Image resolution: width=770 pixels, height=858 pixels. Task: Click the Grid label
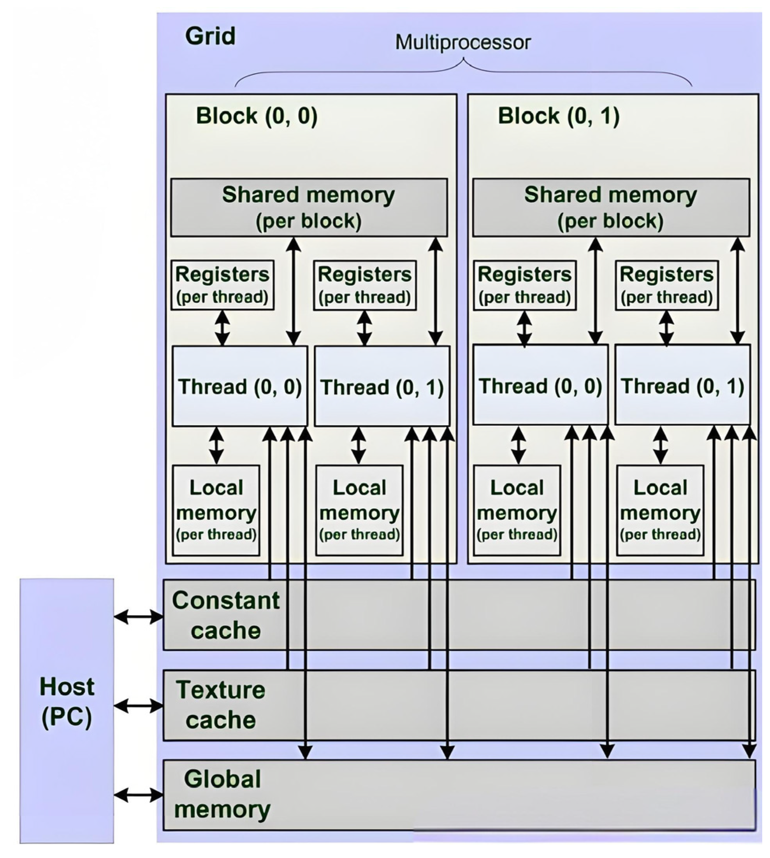(x=210, y=36)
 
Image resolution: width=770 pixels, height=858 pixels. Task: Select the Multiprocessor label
(x=463, y=42)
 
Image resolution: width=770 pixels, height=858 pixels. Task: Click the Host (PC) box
(x=67, y=711)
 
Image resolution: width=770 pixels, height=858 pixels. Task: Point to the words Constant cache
(x=225, y=615)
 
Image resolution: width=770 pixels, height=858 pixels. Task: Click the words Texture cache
(x=221, y=705)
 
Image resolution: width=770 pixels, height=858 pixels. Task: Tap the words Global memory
(x=222, y=794)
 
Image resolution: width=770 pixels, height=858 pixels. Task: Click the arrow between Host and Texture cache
(x=138, y=706)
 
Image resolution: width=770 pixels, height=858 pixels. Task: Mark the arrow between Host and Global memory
(x=138, y=795)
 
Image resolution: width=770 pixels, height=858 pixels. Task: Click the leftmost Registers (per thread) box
(x=223, y=285)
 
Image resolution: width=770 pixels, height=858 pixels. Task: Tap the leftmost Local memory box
(x=216, y=511)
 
